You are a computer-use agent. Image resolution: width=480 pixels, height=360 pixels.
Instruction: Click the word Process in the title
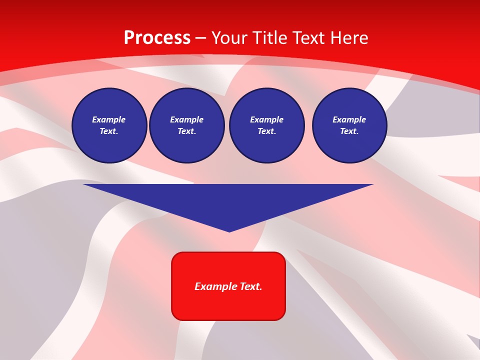[157, 38]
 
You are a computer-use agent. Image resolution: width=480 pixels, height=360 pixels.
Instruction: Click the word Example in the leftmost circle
[109, 119]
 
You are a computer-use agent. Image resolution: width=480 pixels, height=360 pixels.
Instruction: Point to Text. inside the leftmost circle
[109, 131]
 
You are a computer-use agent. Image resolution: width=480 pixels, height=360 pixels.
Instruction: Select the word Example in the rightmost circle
[349, 119]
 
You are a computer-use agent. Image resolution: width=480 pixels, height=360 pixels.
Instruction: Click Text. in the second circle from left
[186, 131]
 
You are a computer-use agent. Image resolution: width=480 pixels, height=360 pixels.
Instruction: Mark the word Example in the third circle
[266, 119]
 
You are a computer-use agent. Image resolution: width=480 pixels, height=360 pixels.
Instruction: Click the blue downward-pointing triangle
[228, 200]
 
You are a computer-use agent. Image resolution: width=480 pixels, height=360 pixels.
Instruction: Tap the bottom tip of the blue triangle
[229, 231]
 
